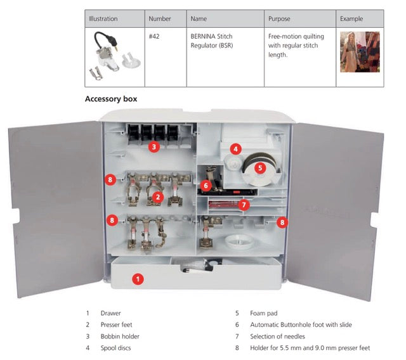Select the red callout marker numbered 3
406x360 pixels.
(x=154, y=147)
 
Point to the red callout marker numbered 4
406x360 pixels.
(x=235, y=149)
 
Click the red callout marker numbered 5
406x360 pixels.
(x=260, y=168)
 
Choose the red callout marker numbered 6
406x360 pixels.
(x=205, y=186)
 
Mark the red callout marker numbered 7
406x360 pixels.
(x=245, y=205)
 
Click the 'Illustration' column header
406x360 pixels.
(x=103, y=19)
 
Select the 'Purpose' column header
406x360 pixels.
(x=279, y=19)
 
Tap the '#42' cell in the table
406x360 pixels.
(x=154, y=37)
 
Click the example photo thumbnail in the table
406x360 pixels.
(x=360, y=52)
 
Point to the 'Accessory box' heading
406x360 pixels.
(x=111, y=99)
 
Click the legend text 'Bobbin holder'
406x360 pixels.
(x=120, y=336)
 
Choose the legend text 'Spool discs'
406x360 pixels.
(x=115, y=347)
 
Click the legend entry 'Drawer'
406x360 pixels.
(x=110, y=313)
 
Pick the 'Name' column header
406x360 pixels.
(x=199, y=19)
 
